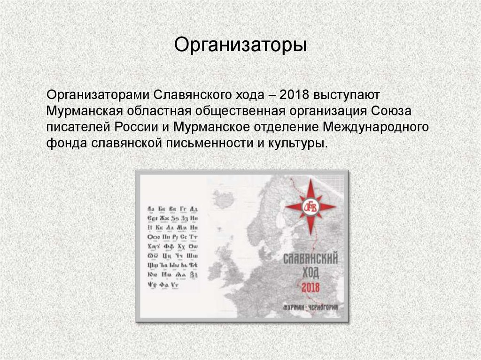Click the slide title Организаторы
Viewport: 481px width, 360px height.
pyautogui.click(x=240, y=46)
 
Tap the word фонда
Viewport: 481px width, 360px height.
pyautogui.click(x=64, y=144)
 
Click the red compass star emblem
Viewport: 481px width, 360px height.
pyautogui.click(x=310, y=207)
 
